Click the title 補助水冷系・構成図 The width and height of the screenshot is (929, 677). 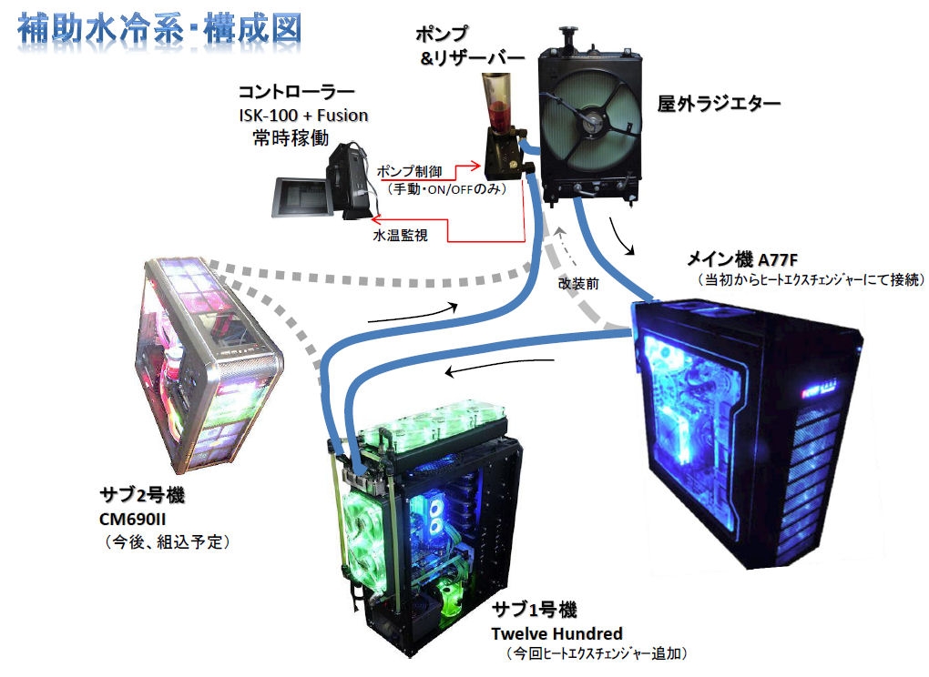coord(159,27)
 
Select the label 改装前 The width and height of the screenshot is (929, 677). coord(579,283)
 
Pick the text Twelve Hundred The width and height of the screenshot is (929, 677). coord(557,633)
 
